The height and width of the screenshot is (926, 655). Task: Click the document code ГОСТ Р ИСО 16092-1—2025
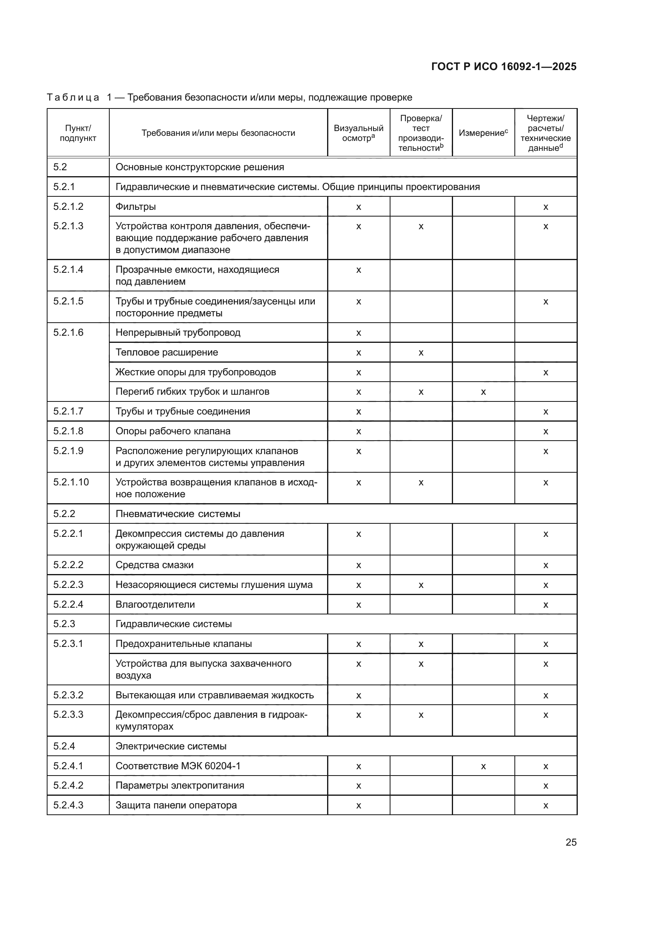pyautogui.click(x=503, y=67)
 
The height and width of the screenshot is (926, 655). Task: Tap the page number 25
pyautogui.click(x=571, y=842)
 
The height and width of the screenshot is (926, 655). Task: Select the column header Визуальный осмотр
pyautogui.click(x=358, y=133)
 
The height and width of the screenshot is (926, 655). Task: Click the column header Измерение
pyautogui.click(x=483, y=133)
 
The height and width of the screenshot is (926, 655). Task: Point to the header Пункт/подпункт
pyautogui.click(x=78, y=133)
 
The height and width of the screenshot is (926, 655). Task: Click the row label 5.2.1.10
pyautogui.click(x=71, y=482)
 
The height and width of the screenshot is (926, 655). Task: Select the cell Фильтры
pyautogui.click(x=135, y=207)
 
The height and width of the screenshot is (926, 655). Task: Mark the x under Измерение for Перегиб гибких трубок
pyautogui.click(x=483, y=392)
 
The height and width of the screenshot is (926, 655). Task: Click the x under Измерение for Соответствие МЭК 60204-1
pyautogui.click(x=483, y=766)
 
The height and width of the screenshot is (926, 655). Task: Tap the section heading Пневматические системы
pyautogui.click(x=177, y=514)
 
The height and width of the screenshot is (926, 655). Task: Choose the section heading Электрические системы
pyautogui.click(x=171, y=746)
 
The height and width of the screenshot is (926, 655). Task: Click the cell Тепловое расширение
pyautogui.click(x=167, y=352)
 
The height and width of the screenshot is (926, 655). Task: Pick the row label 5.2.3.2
pyautogui.click(x=68, y=695)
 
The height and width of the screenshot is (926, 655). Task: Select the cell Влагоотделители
pyautogui.click(x=155, y=604)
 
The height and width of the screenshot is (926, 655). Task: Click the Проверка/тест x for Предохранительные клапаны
pyautogui.click(x=421, y=644)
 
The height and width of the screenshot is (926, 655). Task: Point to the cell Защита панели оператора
pyautogui.click(x=176, y=805)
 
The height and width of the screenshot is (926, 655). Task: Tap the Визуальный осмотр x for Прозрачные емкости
pyautogui.click(x=358, y=270)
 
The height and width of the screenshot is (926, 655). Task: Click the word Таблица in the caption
pyautogui.click(x=73, y=97)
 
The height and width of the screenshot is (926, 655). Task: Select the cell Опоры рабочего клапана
pyautogui.click(x=173, y=431)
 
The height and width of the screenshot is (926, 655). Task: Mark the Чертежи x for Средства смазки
pyautogui.click(x=545, y=565)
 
